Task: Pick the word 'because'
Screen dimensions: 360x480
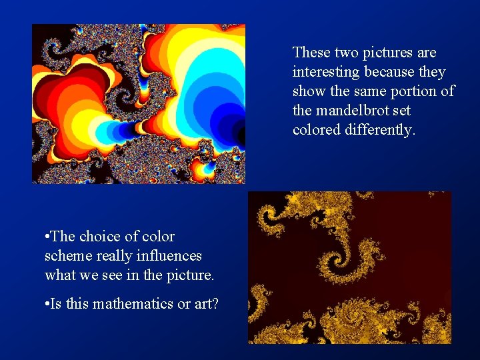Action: pos(389,71)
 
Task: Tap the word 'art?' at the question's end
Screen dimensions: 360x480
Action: pos(206,303)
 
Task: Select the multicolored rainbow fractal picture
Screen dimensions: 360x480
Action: pos(139,103)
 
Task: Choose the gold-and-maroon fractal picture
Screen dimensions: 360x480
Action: pos(349,267)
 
